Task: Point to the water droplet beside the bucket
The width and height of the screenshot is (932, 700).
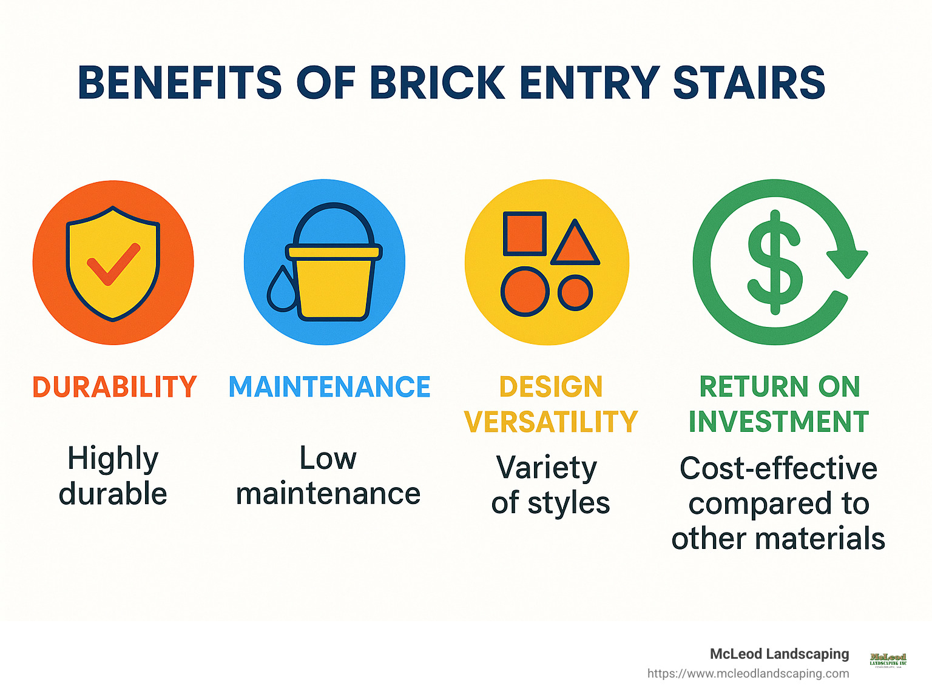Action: (x=282, y=289)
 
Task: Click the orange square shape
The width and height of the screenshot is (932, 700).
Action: (x=525, y=234)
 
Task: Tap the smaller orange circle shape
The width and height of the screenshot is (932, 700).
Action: (x=575, y=292)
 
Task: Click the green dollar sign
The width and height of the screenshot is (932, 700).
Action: (x=775, y=262)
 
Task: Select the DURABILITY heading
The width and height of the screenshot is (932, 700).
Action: (x=114, y=387)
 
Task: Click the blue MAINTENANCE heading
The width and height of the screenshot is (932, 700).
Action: (x=329, y=387)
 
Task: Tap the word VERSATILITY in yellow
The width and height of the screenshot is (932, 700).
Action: (x=551, y=422)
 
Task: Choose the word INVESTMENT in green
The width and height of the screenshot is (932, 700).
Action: (x=778, y=422)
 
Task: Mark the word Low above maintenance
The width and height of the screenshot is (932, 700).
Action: (x=328, y=459)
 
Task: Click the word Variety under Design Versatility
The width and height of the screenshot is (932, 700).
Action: (x=547, y=468)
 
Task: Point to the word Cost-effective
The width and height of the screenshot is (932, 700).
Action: (x=778, y=468)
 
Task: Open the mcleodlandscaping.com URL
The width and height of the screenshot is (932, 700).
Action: (x=748, y=673)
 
